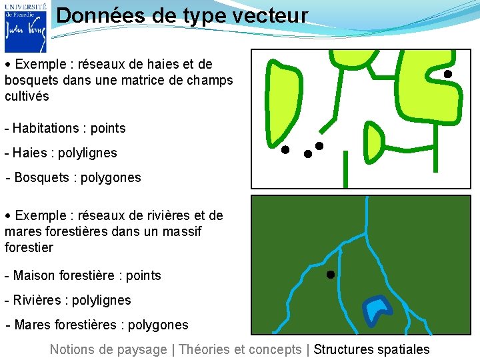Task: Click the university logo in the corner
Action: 25,27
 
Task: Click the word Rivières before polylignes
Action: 37,300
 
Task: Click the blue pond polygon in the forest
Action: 377,308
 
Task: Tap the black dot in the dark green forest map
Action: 330,274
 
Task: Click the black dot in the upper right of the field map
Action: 448,73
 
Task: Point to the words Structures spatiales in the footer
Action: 371,349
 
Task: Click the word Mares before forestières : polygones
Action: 32,325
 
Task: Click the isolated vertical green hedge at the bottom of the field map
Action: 345,169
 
